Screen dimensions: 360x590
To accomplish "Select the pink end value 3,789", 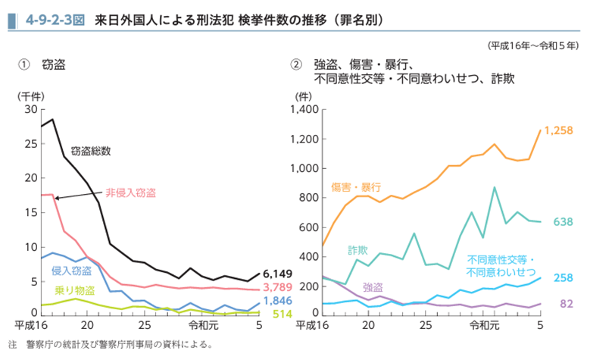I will (277, 286).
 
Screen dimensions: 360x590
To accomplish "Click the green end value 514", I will (283, 314).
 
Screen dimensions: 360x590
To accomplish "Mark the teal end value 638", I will (563, 222).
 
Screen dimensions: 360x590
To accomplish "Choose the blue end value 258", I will (563, 278).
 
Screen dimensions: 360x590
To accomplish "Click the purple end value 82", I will (565, 305).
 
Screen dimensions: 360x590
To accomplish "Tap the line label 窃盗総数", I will (90, 151).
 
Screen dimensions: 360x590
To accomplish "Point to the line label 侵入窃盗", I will (72, 271).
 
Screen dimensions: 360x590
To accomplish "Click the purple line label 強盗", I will (373, 287).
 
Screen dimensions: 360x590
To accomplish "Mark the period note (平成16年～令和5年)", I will (534, 45).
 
